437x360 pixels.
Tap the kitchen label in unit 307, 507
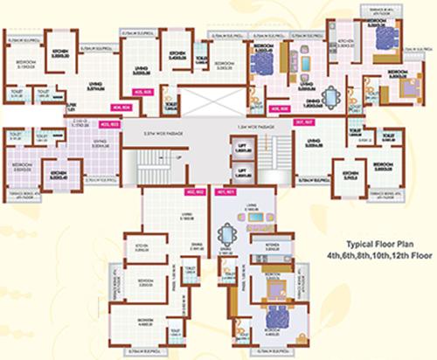(x=353, y=172)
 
